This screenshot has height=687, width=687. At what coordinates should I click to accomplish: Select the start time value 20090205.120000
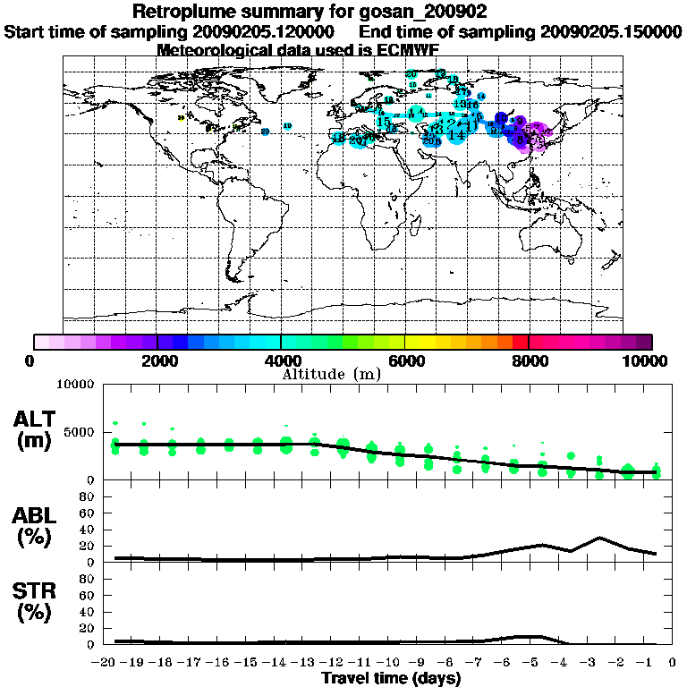269,31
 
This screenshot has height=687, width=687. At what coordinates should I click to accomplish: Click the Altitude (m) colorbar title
331,374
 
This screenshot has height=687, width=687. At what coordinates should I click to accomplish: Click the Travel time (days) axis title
391,679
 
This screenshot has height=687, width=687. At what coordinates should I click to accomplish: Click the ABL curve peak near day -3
599,538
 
